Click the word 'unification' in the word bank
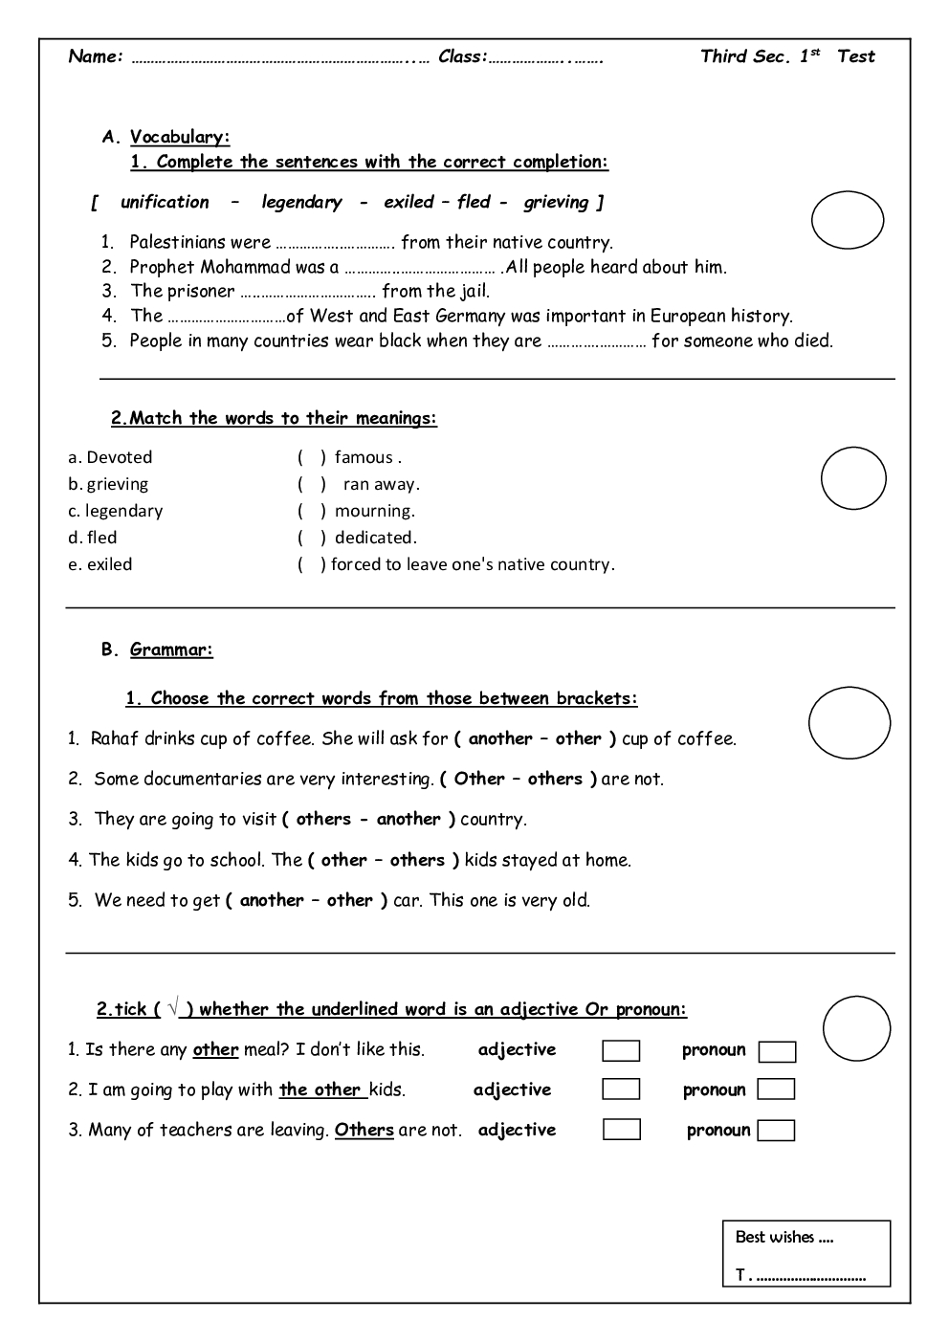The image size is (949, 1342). click(x=165, y=202)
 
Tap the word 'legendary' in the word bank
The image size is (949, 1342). click(x=301, y=202)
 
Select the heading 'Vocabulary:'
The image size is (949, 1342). click(x=180, y=137)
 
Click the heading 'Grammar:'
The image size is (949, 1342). click(x=171, y=650)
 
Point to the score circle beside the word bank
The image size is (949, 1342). click(x=848, y=221)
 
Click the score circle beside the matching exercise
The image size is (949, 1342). click(x=853, y=478)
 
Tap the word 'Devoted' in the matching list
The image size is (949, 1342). click(x=119, y=457)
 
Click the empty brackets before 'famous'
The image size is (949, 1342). click(x=312, y=457)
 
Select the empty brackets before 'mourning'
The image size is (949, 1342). click(x=312, y=511)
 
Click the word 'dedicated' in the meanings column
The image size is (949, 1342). click(x=375, y=538)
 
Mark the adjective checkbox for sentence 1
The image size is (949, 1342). click(x=621, y=1051)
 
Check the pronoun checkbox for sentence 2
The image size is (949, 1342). click(x=776, y=1089)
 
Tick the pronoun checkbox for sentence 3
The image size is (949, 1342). click(x=776, y=1131)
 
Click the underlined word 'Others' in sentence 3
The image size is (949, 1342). click(x=364, y=1130)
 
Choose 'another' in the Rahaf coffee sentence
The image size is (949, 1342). click(x=500, y=738)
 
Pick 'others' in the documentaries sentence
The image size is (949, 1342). click(x=555, y=779)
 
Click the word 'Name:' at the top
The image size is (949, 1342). click(x=96, y=56)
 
